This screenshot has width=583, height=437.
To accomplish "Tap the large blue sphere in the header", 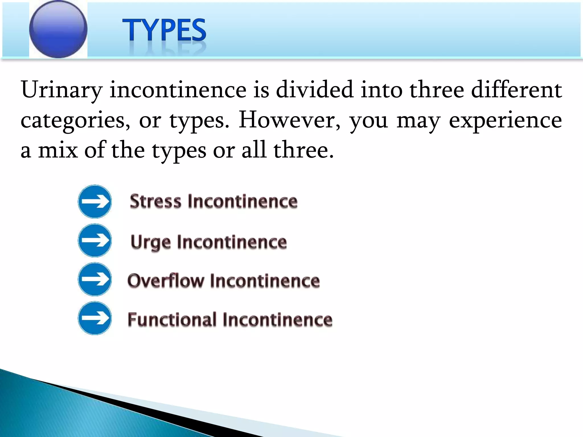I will pos(58,29).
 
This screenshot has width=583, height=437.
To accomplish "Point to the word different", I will pos(516,90).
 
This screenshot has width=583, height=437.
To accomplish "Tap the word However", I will pos(289,120).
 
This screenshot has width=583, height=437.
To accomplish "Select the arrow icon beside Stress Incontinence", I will pos(95,202).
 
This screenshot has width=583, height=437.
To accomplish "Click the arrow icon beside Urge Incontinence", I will pos(95,241).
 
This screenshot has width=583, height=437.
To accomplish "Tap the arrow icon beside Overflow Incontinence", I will pos(95,279).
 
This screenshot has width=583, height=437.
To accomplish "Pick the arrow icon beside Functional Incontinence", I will pos(95,318).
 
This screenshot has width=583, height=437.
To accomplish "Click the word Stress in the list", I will pos(155,201).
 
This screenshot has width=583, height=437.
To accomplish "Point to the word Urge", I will pos(151,243).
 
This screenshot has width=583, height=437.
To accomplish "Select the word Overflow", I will pos(166,281).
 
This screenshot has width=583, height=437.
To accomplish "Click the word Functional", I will pos(172,319).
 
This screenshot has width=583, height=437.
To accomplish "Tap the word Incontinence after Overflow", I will pos(265,281).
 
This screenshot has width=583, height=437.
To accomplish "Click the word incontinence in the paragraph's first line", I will pos(178,90).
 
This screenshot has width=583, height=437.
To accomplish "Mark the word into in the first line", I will pos(381,90).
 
